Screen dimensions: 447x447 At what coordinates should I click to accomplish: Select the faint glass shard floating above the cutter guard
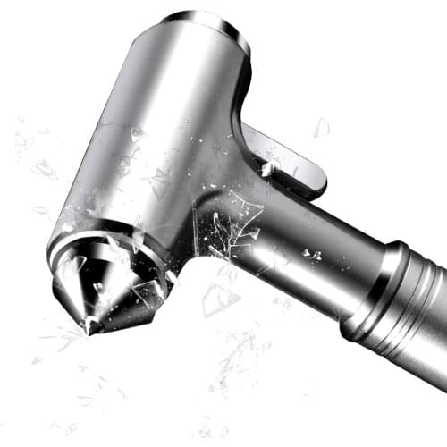coord(320,128)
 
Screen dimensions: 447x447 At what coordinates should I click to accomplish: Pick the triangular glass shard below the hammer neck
coord(219,299)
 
